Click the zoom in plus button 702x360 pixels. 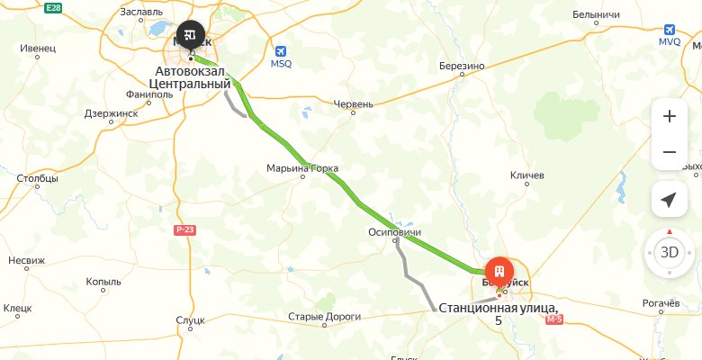click(669, 116)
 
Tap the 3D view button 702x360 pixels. click(669, 252)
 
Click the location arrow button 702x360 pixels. click(669, 200)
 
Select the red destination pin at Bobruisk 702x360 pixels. click(499, 270)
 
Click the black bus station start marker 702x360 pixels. click(190, 34)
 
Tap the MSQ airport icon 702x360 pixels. click(282, 51)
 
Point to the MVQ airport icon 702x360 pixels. click(668, 28)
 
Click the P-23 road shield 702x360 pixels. click(184, 230)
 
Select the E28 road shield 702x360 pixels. click(53, 7)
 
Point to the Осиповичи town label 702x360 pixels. click(395, 232)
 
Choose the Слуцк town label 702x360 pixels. click(191, 319)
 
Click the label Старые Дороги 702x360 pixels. click(324, 317)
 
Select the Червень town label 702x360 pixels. click(353, 104)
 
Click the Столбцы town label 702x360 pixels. click(37, 178)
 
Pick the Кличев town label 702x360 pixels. click(527, 175)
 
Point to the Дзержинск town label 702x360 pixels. click(110, 113)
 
